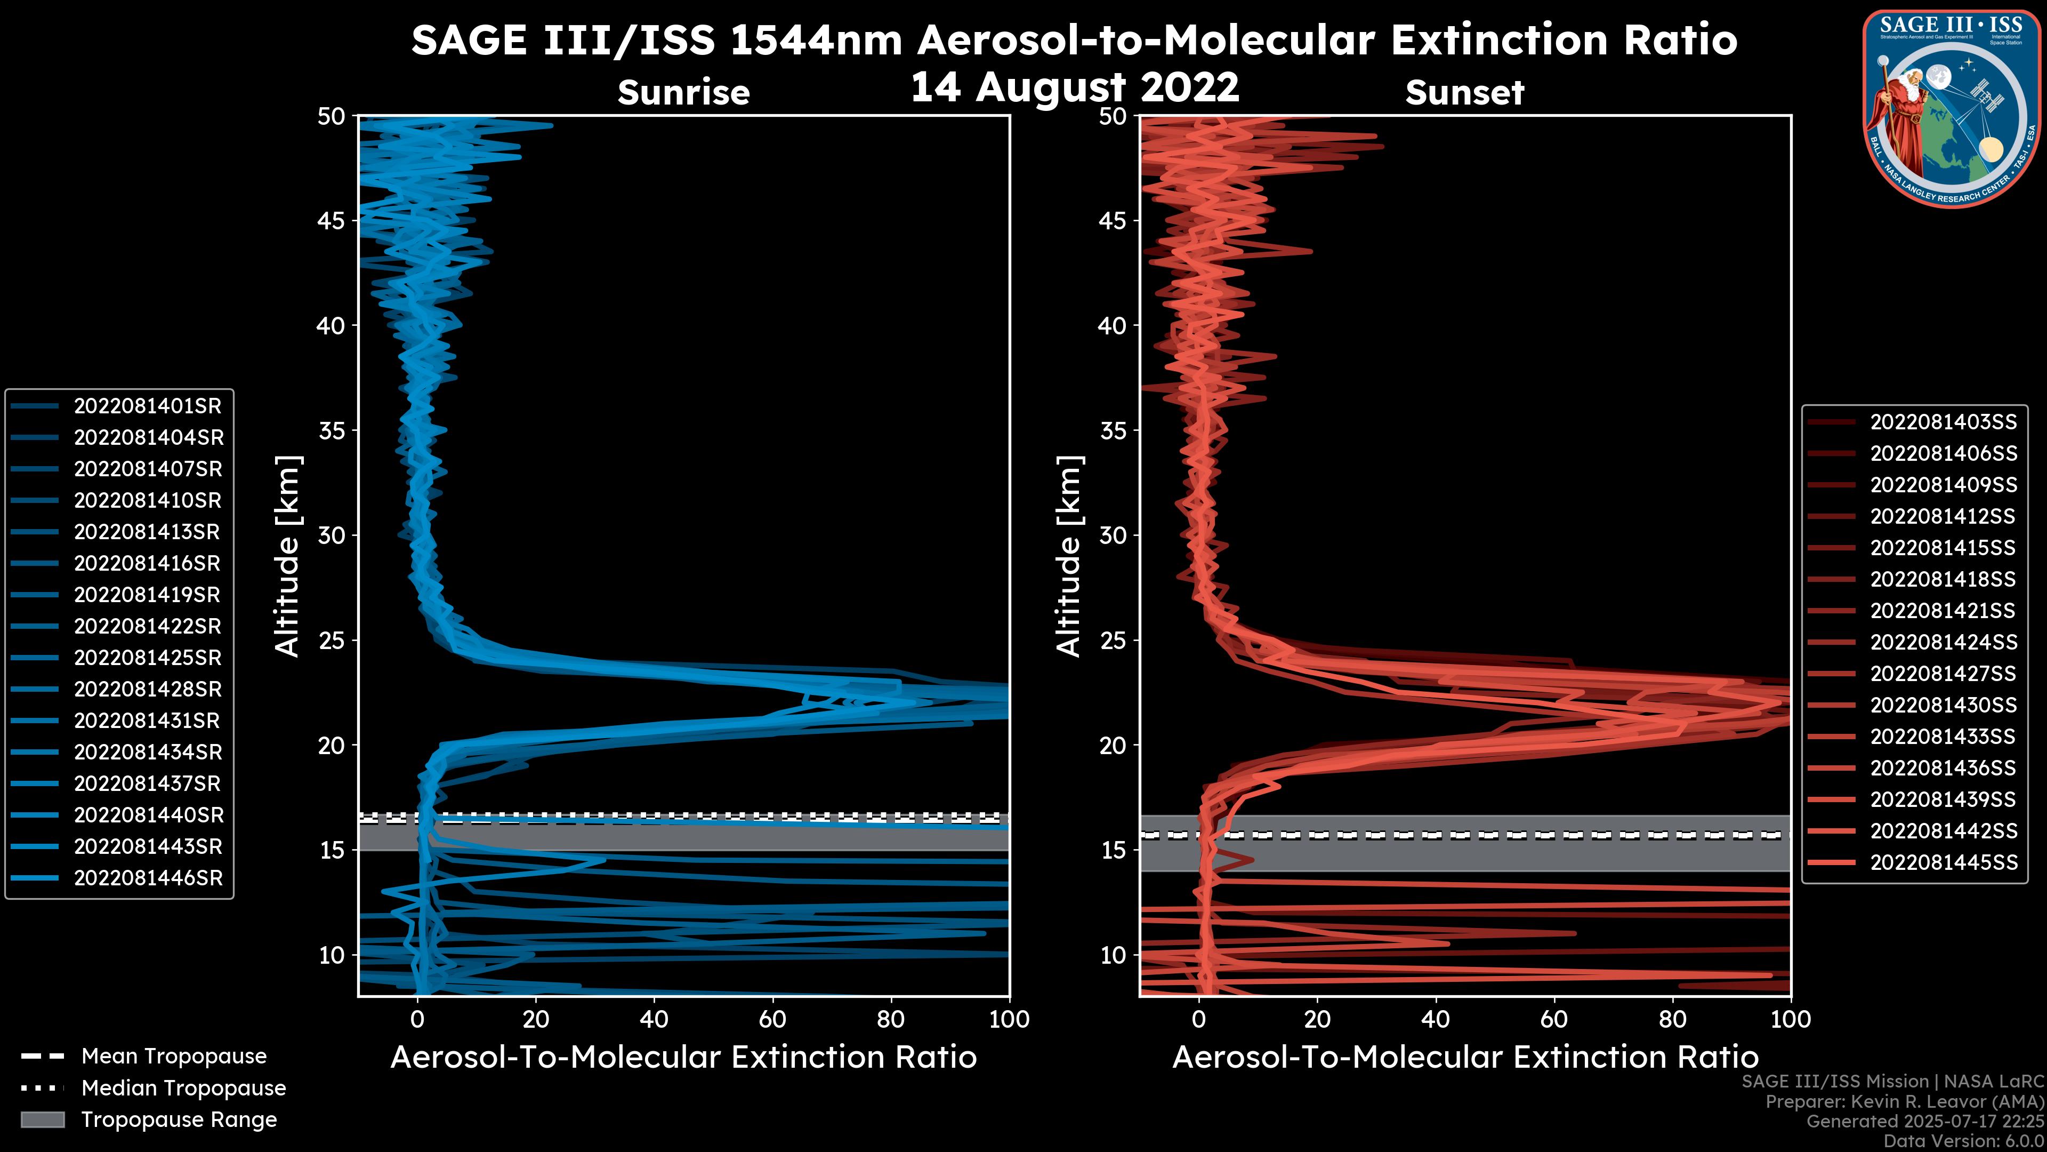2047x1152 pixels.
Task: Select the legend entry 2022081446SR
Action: pyautogui.click(x=148, y=878)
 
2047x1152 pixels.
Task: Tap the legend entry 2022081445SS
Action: pyautogui.click(x=1943, y=862)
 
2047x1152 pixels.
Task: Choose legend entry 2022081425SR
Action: pyautogui.click(x=147, y=658)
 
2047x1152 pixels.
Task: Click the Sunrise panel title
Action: pyautogui.click(x=683, y=92)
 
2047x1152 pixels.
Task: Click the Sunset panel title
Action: pyautogui.click(x=1464, y=92)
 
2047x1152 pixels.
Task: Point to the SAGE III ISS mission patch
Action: pyautogui.click(x=1951, y=107)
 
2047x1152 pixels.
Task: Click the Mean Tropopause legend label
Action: pyautogui.click(x=174, y=1057)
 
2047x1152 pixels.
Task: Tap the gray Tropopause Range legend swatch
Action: pyautogui.click(x=42, y=1119)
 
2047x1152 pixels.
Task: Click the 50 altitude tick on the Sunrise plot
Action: pyautogui.click(x=332, y=116)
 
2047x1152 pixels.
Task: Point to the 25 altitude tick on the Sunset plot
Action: pyautogui.click(x=1113, y=640)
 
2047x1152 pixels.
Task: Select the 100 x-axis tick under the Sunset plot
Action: pyautogui.click(x=1791, y=1019)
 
